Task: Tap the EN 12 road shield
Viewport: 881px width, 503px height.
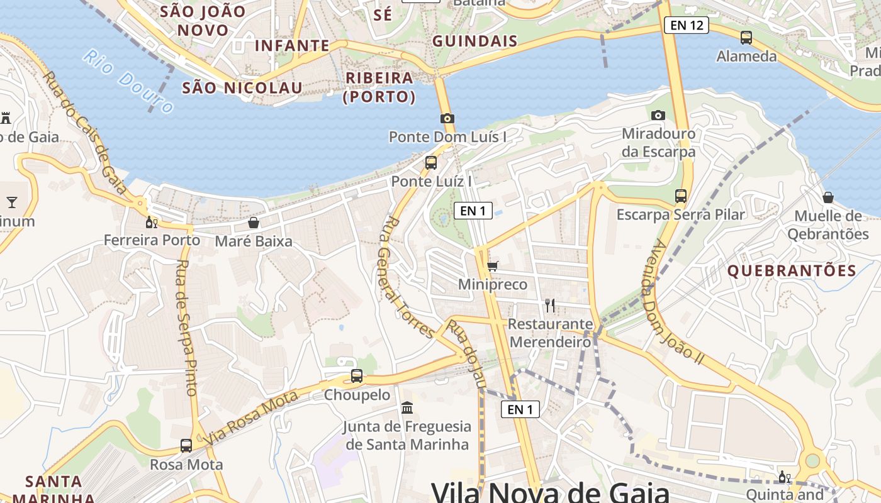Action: point(686,25)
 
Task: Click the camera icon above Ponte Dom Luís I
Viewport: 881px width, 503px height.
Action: point(447,118)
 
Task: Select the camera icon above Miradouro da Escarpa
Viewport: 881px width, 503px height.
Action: point(658,115)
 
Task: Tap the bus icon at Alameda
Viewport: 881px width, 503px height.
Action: point(746,37)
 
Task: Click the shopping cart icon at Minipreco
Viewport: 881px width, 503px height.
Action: point(492,267)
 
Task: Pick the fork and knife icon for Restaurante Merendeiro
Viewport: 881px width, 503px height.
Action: point(550,306)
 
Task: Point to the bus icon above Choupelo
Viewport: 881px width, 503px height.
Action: point(357,376)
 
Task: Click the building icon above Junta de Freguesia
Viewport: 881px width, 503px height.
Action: point(407,408)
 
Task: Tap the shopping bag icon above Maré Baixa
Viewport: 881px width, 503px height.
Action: point(254,223)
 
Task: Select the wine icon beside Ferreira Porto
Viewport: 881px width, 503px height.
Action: point(151,221)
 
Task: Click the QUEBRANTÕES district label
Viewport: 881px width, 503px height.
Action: point(792,271)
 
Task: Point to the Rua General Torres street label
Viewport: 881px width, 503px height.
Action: point(407,277)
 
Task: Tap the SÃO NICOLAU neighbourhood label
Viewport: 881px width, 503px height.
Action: point(242,87)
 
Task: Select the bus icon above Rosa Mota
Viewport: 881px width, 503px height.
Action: point(186,446)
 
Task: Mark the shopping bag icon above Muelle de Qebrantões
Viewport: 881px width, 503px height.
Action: point(828,197)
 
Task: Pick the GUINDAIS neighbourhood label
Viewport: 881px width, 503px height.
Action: point(474,41)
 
